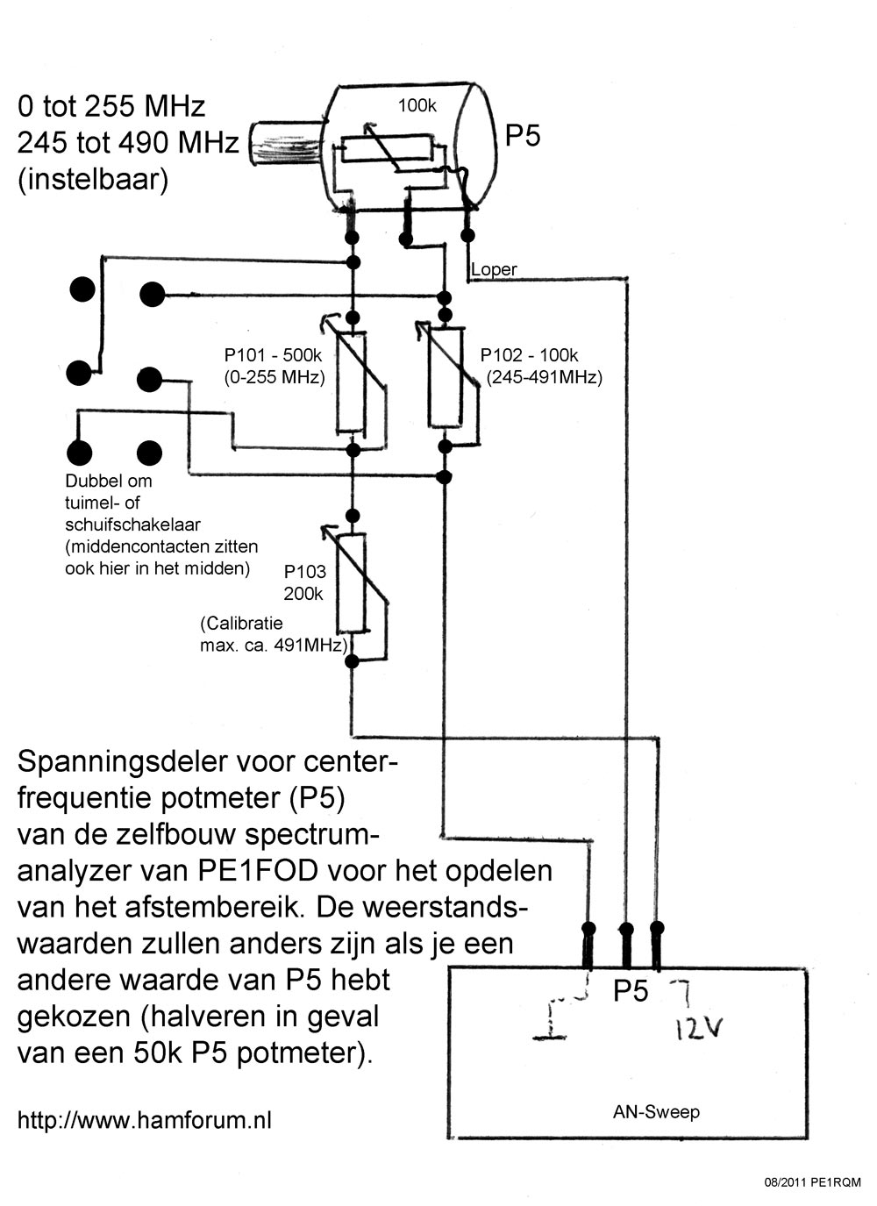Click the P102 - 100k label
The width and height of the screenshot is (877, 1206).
tap(529, 355)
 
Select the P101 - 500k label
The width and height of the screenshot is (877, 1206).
tap(274, 355)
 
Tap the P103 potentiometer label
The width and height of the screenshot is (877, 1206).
tap(304, 571)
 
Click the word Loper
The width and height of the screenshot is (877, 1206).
tap(494, 270)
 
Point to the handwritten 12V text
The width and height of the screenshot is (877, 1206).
tap(698, 1027)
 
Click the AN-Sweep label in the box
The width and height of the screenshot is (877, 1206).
tap(656, 1112)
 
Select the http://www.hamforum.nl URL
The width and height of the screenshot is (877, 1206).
tap(145, 1120)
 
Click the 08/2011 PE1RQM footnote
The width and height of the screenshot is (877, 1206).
tap(813, 1182)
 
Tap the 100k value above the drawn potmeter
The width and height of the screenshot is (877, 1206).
tap(417, 106)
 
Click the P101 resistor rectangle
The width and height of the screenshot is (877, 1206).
tap(351, 382)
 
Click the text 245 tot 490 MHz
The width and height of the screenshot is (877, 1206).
tap(128, 142)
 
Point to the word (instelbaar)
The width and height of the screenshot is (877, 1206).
tap(93, 179)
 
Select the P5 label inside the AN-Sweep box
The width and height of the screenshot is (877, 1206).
tap(630, 991)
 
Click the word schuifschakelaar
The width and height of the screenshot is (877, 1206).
tap(132, 525)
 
